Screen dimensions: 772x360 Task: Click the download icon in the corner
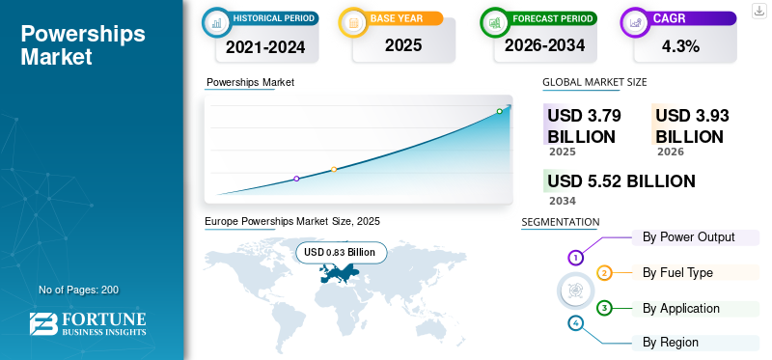(759, 11)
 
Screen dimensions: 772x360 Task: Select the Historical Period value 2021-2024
(265, 47)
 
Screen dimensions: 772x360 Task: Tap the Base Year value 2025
(403, 45)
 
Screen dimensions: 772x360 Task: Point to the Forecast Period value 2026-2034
(544, 45)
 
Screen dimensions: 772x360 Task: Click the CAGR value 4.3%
(680, 46)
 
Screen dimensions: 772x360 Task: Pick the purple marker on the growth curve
(296, 179)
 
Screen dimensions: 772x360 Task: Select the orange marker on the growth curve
(334, 170)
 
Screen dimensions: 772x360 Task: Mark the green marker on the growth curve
(499, 111)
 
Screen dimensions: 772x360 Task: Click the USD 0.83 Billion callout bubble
(342, 253)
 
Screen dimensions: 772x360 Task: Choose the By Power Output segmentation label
(688, 236)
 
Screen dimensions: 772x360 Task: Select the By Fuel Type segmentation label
(677, 272)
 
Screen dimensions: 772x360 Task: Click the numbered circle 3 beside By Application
(604, 308)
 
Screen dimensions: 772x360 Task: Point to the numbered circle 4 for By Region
(575, 323)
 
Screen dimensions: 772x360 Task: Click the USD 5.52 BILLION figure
(621, 181)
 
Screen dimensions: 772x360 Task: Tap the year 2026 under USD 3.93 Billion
(670, 152)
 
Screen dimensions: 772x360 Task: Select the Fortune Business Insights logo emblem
(43, 324)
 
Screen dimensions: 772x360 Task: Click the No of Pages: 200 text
(79, 290)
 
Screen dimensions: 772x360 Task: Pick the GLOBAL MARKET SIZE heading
(594, 82)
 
